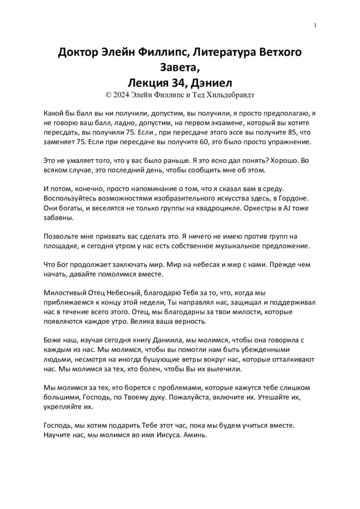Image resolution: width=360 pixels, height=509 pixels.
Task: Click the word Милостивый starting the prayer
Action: (66, 293)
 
